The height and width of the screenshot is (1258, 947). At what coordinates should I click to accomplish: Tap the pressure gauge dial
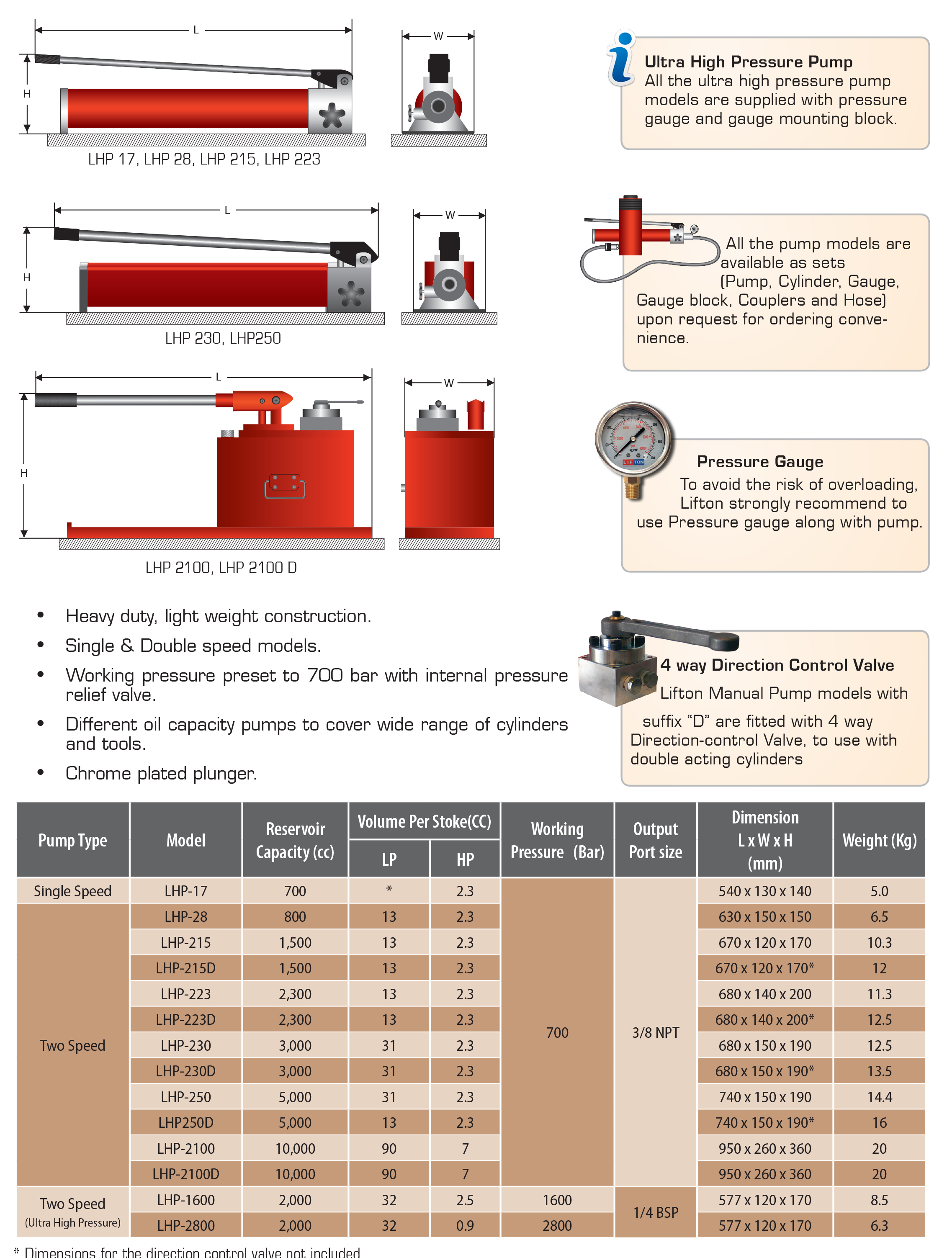(x=633, y=438)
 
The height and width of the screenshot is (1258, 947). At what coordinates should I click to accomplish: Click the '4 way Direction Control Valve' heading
(x=777, y=665)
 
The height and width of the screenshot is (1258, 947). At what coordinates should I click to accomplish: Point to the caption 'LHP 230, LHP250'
(x=223, y=338)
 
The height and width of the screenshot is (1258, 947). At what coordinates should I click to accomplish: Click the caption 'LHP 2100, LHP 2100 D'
(x=221, y=568)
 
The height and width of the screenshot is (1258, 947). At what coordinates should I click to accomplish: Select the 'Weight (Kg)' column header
(x=879, y=840)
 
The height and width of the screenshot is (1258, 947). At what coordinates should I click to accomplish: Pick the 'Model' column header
(x=186, y=840)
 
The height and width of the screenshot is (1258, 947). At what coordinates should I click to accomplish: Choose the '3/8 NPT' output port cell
(x=656, y=1032)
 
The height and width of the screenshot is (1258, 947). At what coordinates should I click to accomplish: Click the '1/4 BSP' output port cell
(x=656, y=1212)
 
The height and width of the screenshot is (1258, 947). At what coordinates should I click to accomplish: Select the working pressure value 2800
(x=557, y=1226)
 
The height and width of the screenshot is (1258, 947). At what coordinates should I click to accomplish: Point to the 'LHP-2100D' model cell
(x=186, y=1174)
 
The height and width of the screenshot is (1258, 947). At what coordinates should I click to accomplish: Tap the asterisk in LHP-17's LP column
(x=389, y=889)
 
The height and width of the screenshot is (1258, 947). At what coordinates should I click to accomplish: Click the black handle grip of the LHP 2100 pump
(x=56, y=400)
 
